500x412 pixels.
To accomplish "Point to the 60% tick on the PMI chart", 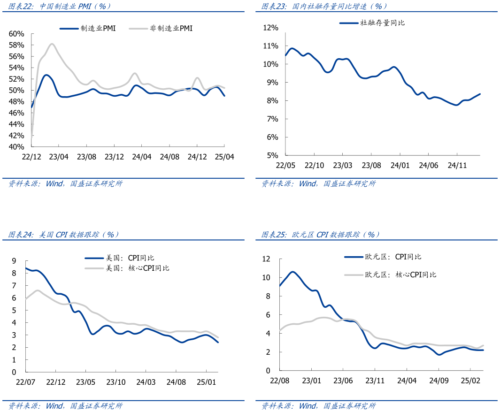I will point(16,34).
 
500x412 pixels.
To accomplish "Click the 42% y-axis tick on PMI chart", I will point(16,136).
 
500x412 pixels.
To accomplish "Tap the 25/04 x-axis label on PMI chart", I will point(224,157).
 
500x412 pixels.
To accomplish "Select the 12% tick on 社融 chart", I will point(271,28).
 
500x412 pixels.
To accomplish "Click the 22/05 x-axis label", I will point(285,165).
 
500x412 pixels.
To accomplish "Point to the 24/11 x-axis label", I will point(457,165).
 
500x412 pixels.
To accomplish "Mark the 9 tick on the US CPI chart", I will point(14,261).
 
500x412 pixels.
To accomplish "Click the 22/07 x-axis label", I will point(26,382).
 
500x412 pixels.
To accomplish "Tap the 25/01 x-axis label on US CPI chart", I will point(206,382).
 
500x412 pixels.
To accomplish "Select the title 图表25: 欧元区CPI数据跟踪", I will point(321,234).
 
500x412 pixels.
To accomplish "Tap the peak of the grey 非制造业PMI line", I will point(52,44).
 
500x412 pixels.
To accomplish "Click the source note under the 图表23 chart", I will point(318,184).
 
